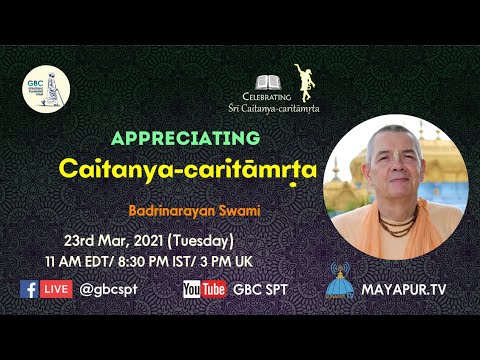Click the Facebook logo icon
30,289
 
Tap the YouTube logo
204,289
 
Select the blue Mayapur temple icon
346,283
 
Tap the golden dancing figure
301,80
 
